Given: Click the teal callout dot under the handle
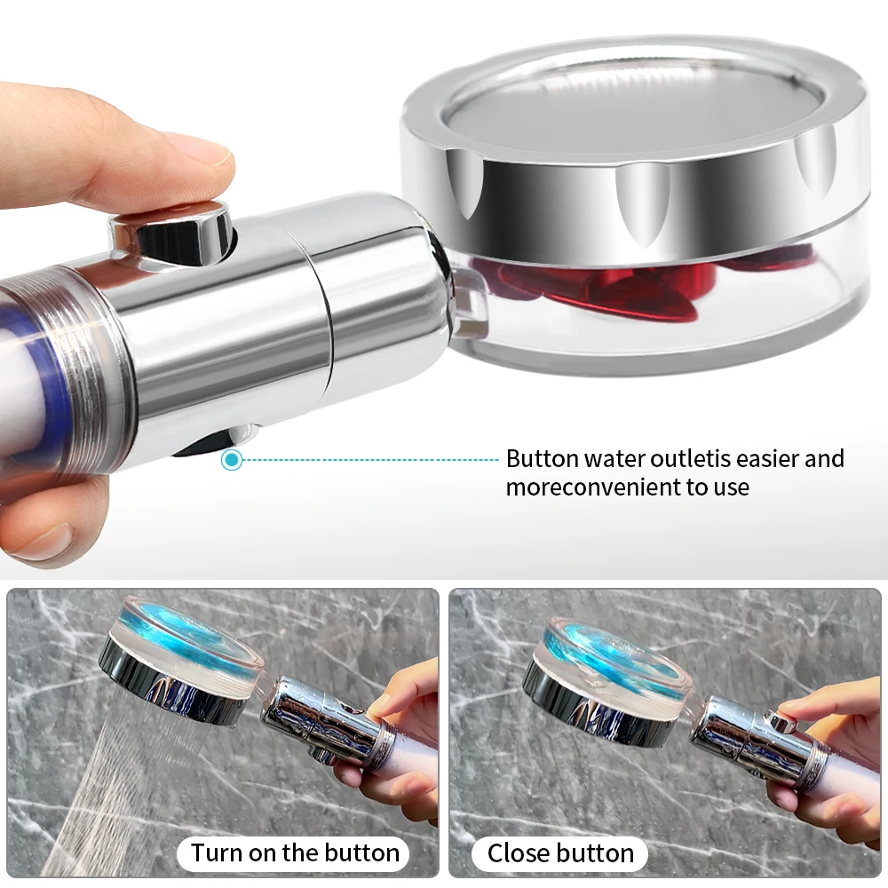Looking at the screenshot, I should point(232,460).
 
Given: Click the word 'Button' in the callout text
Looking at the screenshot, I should point(542,459).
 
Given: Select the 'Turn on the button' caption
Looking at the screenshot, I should point(296,853).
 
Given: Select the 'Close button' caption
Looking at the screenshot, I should point(560,853).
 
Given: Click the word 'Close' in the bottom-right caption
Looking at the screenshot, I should point(519,853).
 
